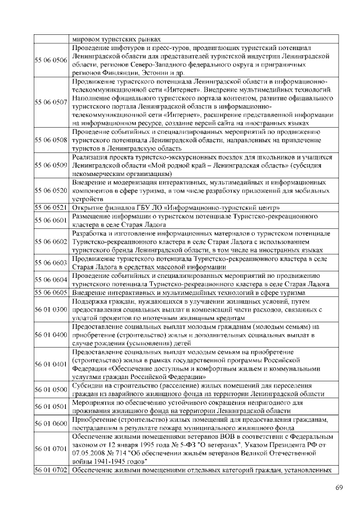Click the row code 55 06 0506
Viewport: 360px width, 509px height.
51,60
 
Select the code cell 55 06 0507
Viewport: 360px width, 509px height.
51,103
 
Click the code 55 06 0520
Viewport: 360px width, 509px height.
51,191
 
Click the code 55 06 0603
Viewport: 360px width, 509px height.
51,262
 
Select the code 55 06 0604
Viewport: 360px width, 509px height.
51,280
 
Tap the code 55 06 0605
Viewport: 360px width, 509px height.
51,292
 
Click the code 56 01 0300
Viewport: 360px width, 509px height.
51,309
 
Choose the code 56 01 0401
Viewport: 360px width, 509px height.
51,364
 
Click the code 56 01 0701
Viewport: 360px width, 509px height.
51,448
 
